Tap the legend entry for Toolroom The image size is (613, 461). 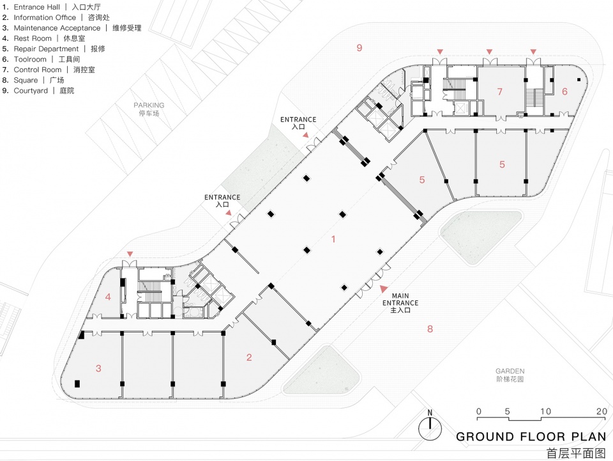42,59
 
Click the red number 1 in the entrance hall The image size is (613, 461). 333,239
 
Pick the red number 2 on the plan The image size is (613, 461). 249,357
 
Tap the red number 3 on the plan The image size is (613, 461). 98,368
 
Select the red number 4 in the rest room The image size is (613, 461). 109,297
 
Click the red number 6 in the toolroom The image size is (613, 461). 564,91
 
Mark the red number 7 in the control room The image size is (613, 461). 500,91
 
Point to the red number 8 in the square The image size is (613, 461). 430,329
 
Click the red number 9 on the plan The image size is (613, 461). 359,48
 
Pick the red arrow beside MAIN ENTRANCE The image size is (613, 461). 383,290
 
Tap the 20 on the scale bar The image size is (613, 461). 601,411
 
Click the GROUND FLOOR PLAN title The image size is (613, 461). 531,437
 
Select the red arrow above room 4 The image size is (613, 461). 130,254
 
